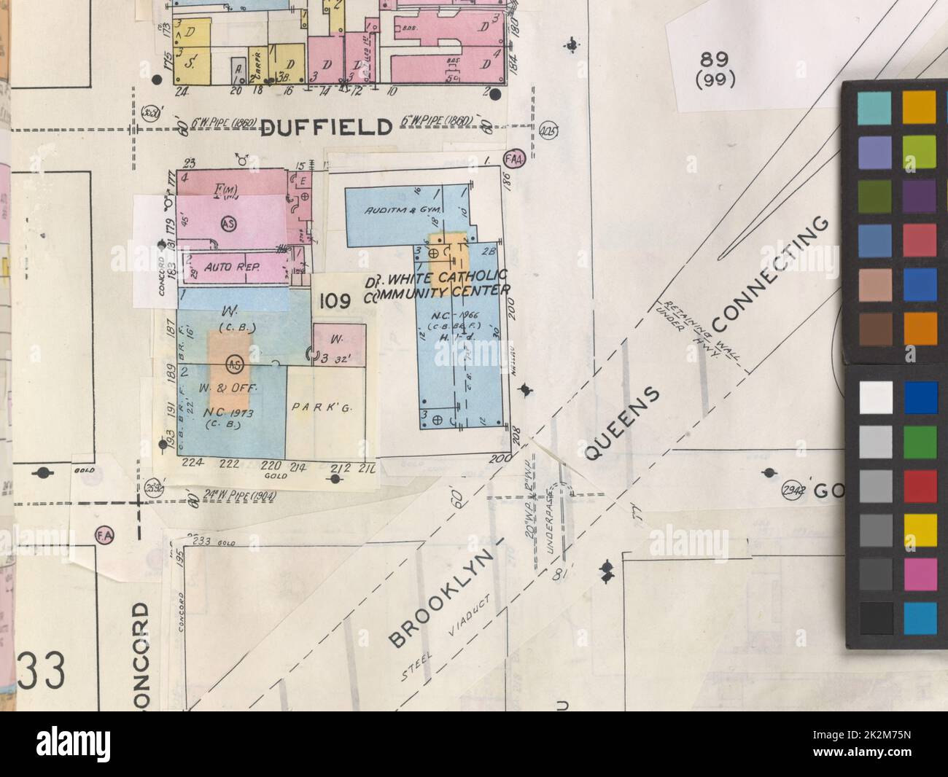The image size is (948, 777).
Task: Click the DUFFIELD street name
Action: [x=326, y=128]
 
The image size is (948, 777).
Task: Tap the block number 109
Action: [x=335, y=300]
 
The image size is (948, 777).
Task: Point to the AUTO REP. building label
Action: [x=228, y=267]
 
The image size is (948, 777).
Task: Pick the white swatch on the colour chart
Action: [x=875, y=397]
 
